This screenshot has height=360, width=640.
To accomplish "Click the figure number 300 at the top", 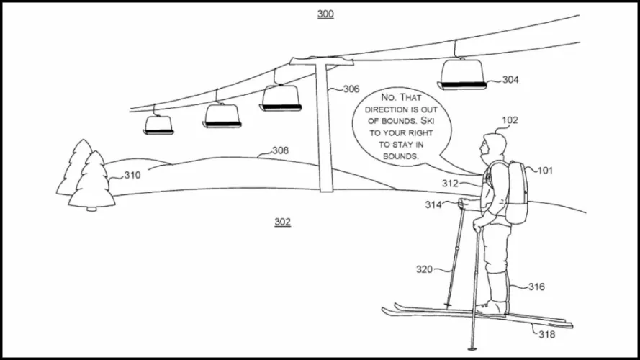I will click(x=325, y=14).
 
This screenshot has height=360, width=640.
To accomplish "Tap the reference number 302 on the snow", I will click(x=282, y=222).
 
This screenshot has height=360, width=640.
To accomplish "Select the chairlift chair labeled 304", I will click(x=463, y=74).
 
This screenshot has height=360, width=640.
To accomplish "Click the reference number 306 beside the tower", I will click(x=351, y=89).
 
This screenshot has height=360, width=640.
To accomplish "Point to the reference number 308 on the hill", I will click(x=280, y=150).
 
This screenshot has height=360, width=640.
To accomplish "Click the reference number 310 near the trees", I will click(x=132, y=175).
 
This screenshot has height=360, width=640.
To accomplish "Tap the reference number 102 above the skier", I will click(x=510, y=120).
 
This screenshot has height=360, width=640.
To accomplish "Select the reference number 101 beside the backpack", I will click(x=546, y=171).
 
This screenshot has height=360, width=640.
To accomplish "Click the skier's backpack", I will click(x=516, y=192).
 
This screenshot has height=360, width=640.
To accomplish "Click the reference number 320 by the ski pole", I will click(x=424, y=269).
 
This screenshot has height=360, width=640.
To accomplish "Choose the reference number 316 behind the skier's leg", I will click(x=536, y=287).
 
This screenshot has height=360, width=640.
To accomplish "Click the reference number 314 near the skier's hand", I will click(x=433, y=204).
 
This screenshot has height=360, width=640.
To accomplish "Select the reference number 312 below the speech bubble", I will click(x=450, y=184).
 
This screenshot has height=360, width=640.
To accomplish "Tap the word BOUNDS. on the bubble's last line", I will click(x=402, y=156).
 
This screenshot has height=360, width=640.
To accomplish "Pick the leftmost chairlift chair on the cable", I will click(x=158, y=125).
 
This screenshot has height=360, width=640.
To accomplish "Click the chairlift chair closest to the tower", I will click(x=281, y=98).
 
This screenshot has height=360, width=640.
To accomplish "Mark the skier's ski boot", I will click(x=493, y=307).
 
